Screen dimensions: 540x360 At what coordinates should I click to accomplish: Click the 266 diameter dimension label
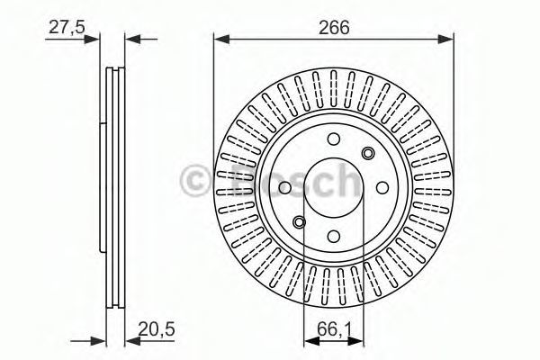coord(334,27)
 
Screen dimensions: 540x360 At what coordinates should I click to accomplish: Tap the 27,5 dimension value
coord(67,27)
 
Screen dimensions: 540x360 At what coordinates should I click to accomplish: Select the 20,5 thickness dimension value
coord(157,328)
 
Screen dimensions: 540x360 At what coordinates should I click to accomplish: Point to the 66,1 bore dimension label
coord(333,329)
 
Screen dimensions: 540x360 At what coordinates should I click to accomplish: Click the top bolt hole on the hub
coord(333,139)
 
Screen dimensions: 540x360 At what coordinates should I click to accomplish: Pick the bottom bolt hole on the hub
coord(333,236)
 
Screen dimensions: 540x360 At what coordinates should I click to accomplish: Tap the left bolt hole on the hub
coord(284,188)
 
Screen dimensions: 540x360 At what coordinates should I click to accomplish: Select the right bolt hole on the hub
coord(382,188)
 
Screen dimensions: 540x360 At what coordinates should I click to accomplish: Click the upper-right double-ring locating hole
coord(368,153)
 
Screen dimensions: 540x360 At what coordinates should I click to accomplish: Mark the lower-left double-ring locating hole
coord(299,222)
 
